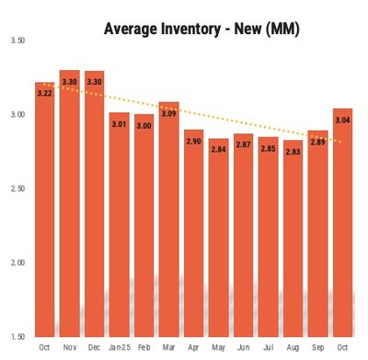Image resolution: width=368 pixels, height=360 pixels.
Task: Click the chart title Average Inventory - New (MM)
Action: (201, 29)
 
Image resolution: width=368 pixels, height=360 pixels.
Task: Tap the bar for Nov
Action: (69, 203)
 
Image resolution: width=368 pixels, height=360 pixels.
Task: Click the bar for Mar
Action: (168, 221)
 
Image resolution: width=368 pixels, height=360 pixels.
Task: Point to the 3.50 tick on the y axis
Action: (17, 41)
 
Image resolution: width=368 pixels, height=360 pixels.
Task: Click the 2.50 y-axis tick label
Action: (17, 189)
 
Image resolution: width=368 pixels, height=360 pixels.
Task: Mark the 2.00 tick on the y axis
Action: (17, 263)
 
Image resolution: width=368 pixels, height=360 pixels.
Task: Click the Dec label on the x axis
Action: (94, 347)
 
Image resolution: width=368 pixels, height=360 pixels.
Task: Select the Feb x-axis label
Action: (144, 347)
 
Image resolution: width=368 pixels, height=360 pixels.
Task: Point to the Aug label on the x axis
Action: (292, 347)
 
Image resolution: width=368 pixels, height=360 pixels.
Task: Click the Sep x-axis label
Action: (316, 347)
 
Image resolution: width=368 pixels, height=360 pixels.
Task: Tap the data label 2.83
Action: (292, 151)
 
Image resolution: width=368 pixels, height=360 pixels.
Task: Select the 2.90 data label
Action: (193, 141)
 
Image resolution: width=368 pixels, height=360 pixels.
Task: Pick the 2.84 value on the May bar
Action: (218, 150)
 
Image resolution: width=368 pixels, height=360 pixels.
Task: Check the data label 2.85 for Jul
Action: (268, 148)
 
